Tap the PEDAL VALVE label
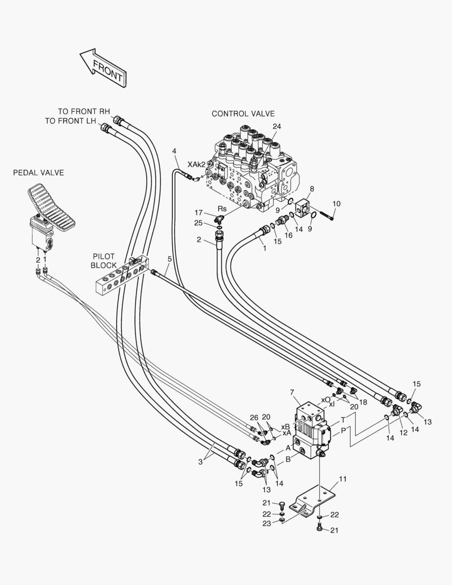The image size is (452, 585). point(38,173)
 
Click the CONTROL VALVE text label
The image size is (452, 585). point(243,114)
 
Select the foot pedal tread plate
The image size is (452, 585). point(51,205)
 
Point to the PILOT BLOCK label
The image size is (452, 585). point(104,261)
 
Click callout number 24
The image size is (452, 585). point(277,126)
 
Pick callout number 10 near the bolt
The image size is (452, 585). point(336,204)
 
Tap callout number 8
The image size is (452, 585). point(312,189)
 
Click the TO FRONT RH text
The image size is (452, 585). point(84,111)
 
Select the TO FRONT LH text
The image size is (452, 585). point(70,121)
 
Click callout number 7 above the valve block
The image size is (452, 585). point(292,392)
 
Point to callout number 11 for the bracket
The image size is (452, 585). point(343,479)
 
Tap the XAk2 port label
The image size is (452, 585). point(196,165)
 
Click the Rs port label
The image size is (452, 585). point(222,209)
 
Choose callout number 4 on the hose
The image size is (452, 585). point(174,151)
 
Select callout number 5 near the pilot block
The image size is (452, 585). point(169,258)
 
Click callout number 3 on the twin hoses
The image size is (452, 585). point(200,462)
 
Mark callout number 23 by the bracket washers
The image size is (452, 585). point(267,523)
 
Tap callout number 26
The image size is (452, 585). point(254,417)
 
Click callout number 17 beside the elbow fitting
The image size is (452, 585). point(199,213)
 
